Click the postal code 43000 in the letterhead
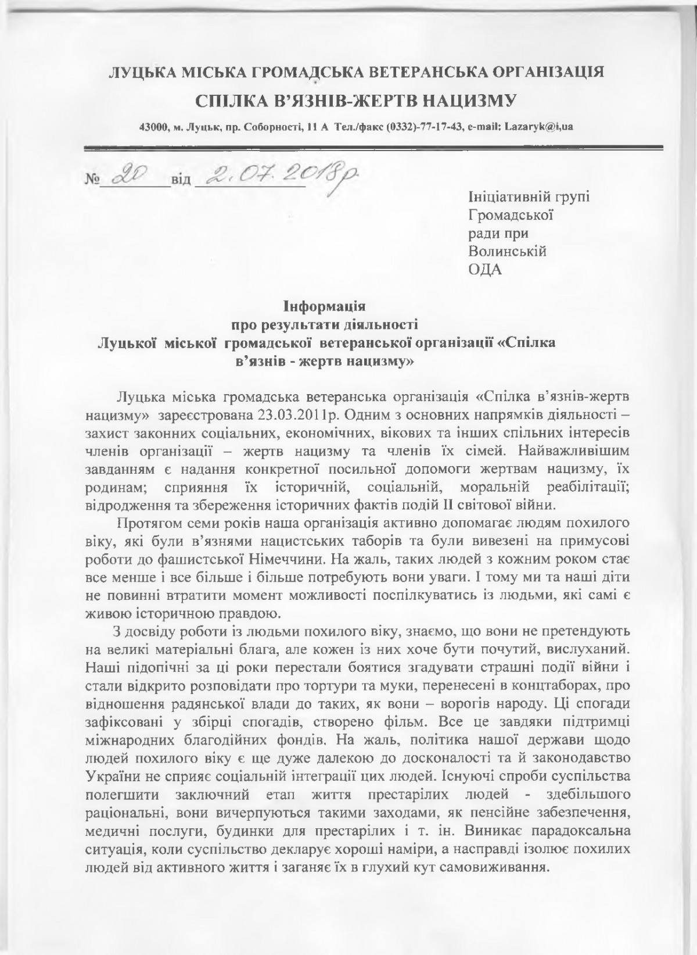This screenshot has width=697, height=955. pos(153,127)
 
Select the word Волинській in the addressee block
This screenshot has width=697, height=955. pos(508,251)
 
